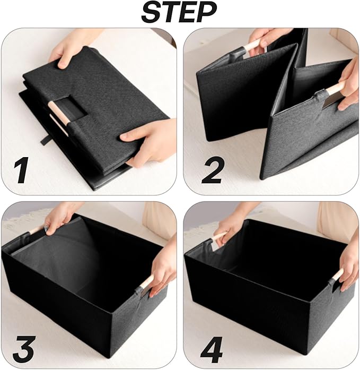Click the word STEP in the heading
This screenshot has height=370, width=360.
pos(180,12)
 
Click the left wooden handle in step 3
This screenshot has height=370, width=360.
pos(38,230)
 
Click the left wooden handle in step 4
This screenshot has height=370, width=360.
pos(217,238)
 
